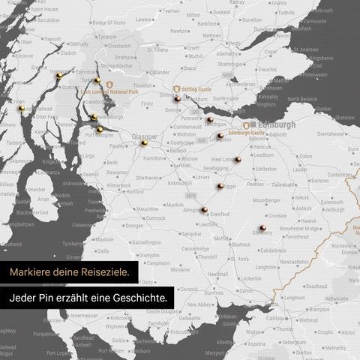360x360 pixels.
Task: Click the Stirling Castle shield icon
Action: (x=176, y=89)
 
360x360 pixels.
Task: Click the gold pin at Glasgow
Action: (x=144, y=142)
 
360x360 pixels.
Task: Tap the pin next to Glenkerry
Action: (x=263, y=226)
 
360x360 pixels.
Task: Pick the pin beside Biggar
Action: (x=220, y=186)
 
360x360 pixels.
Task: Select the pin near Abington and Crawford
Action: (x=204, y=210)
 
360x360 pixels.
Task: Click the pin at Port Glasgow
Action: (x=100, y=129)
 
